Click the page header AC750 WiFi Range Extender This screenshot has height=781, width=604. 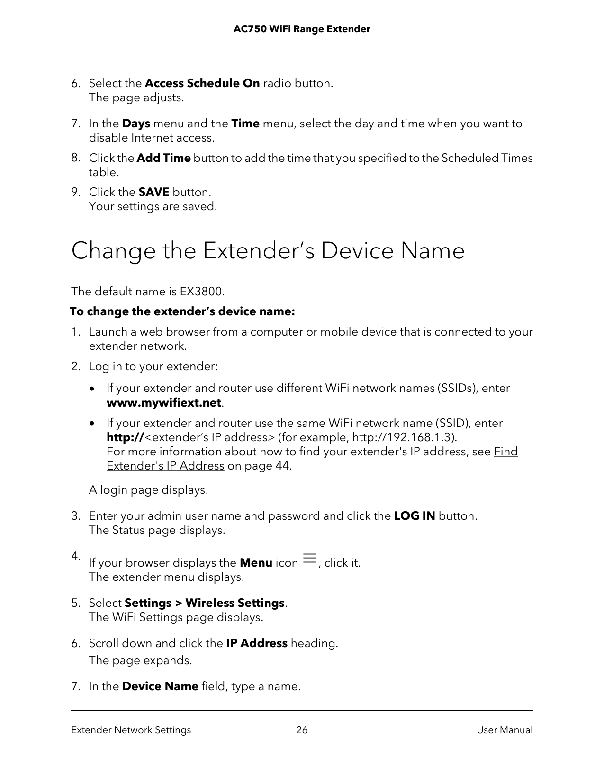(302, 29)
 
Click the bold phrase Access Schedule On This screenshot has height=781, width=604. (202, 84)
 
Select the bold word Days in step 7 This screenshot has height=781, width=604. (136, 124)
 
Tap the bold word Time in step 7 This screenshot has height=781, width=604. (245, 124)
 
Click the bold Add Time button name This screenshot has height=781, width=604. (163, 158)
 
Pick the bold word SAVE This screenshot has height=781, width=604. (153, 193)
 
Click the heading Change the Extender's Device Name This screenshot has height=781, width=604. (268, 251)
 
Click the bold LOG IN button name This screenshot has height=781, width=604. (415, 516)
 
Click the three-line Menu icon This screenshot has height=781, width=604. (309, 558)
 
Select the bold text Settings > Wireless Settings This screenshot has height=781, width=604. (204, 603)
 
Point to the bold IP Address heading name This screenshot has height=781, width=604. (257, 644)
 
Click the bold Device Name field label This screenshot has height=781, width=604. (160, 687)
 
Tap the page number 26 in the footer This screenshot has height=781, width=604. (302, 730)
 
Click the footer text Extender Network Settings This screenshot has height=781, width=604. (131, 730)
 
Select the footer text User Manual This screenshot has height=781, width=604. (505, 730)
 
